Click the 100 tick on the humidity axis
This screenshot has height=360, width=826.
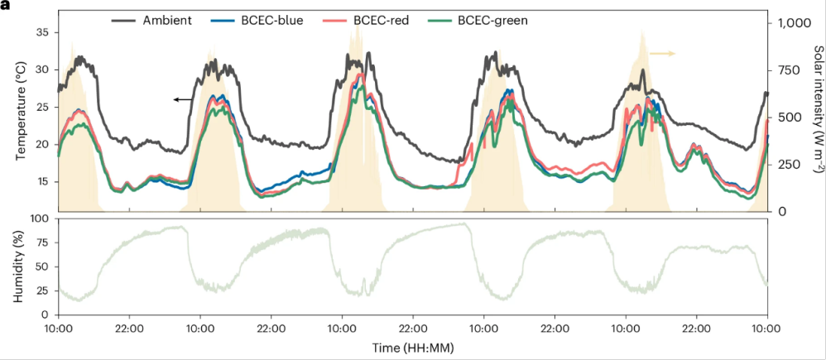tap(39, 219)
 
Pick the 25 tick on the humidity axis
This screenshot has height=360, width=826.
tap(42, 290)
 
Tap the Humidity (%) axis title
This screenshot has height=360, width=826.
tap(18, 266)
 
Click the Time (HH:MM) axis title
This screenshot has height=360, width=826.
tap(412, 348)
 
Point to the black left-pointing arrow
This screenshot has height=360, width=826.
tap(183, 99)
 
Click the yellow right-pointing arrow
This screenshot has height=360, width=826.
tap(662, 53)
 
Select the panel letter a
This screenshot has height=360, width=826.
tap(6, 5)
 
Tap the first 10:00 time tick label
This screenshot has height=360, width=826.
tap(58, 329)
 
